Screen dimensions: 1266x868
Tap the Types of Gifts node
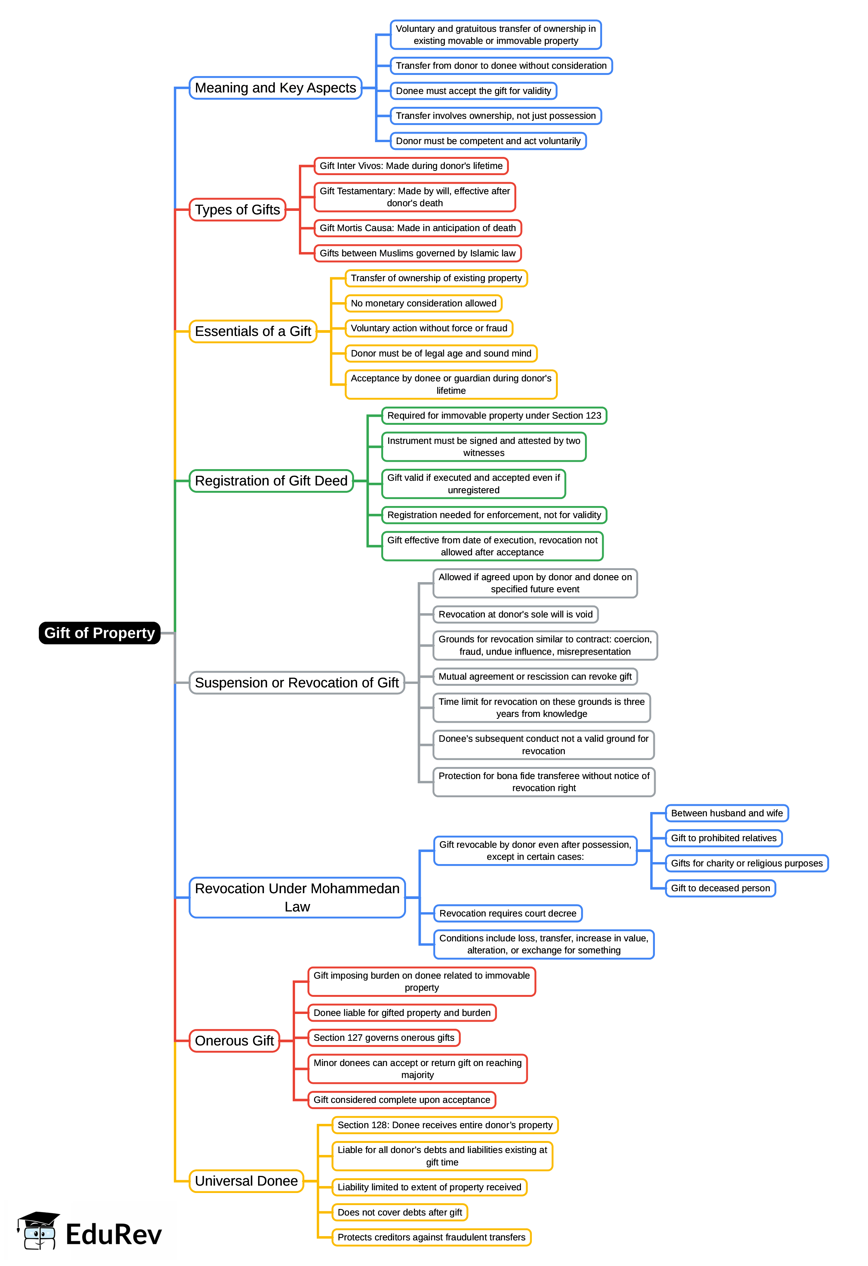(238, 210)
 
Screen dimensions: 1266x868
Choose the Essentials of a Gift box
(253, 331)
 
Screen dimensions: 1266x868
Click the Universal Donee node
(246, 1181)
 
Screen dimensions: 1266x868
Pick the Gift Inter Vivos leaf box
(411, 165)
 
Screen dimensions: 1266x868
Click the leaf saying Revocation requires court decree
(507, 913)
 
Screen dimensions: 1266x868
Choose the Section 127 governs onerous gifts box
(384, 1037)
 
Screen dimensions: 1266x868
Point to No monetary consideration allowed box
(423, 303)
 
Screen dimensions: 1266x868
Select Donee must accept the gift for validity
(473, 90)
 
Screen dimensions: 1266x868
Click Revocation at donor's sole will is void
(515, 614)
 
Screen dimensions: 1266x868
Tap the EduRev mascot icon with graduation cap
(38, 1231)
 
